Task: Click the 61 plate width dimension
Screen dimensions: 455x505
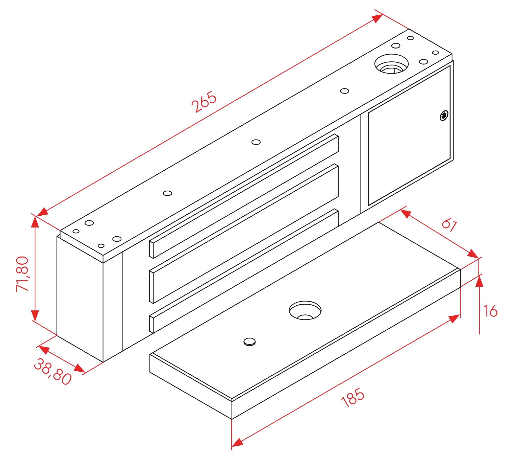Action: point(450,225)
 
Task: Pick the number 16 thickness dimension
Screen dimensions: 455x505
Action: point(490,311)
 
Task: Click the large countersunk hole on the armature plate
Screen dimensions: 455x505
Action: point(305,310)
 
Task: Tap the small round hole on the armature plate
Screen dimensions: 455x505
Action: point(249,342)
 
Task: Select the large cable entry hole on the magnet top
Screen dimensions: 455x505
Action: point(391,64)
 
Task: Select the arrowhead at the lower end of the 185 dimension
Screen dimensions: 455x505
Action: point(237,443)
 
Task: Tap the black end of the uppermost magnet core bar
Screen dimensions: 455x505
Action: point(151,249)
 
